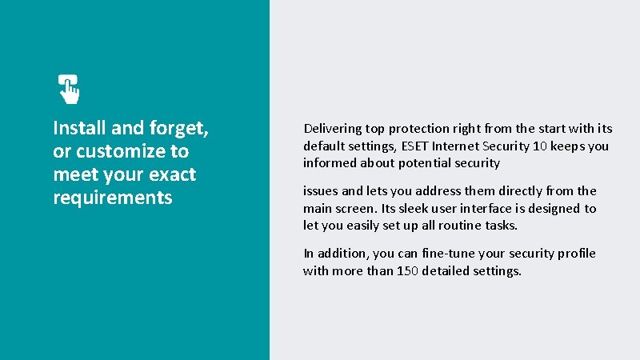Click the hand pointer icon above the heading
click(69, 89)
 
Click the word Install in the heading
click(76, 128)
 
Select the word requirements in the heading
click(112, 198)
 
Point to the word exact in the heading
click(171, 174)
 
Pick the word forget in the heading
click(178, 128)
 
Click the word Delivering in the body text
click(332, 129)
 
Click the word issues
click(321, 191)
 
